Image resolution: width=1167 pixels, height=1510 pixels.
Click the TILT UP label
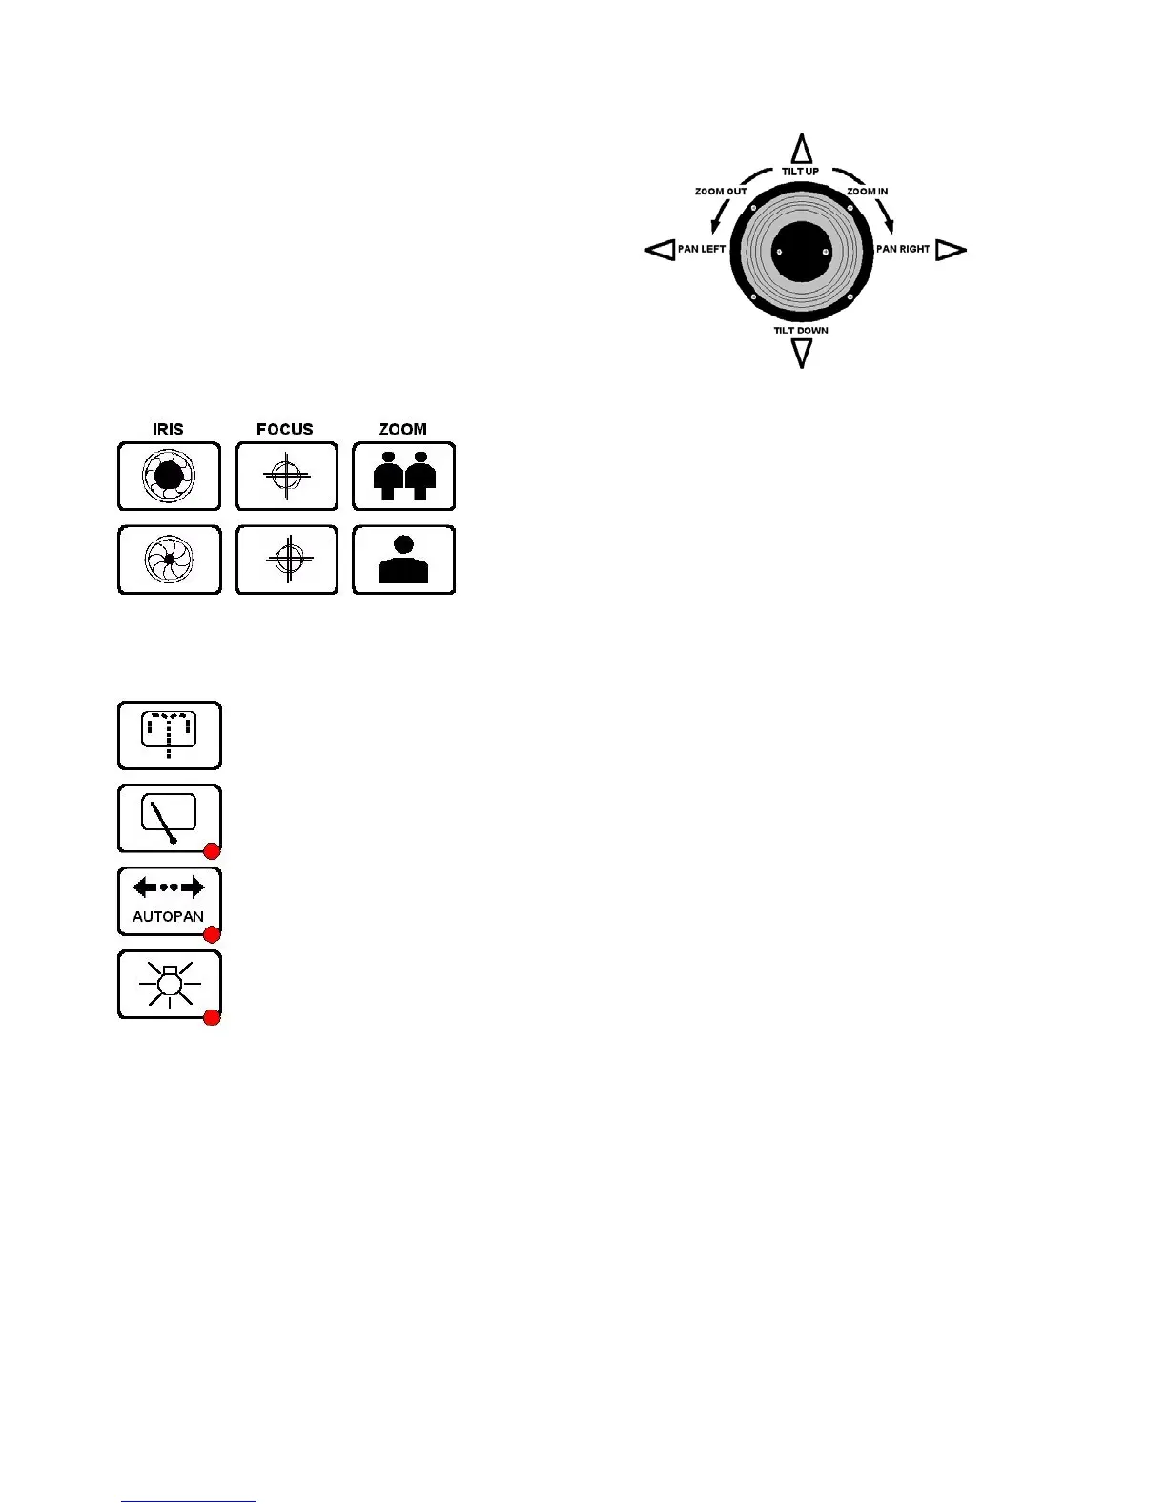click(x=800, y=172)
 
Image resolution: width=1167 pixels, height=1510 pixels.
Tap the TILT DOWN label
click(x=801, y=331)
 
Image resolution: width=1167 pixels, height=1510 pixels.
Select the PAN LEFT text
click(x=701, y=249)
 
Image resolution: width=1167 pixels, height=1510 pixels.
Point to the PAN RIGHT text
click(x=902, y=249)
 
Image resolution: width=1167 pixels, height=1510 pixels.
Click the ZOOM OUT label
click(x=721, y=192)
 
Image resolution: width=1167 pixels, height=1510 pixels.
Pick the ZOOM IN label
click(x=867, y=192)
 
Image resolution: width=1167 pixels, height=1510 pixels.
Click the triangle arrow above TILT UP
click(x=802, y=150)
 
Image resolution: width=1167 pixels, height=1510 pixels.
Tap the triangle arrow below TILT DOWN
click(x=802, y=353)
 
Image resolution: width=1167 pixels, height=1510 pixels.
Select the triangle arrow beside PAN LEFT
click(x=660, y=250)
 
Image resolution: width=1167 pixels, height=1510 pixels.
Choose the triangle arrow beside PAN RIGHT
click(x=951, y=250)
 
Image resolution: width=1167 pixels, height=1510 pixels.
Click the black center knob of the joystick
click(x=802, y=252)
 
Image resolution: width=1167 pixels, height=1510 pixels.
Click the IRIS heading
click(x=168, y=429)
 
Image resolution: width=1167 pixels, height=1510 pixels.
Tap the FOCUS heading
click(x=285, y=429)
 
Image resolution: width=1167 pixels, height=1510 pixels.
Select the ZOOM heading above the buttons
click(x=403, y=429)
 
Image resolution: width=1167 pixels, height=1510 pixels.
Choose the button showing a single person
click(x=403, y=560)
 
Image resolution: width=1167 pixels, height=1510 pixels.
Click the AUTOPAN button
click(x=169, y=901)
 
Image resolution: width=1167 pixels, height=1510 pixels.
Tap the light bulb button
click(x=169, y=984)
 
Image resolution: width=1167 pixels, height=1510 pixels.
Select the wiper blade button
click(x=169, y=818)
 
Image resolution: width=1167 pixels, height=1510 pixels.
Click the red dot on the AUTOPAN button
click(x=212, y=934)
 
